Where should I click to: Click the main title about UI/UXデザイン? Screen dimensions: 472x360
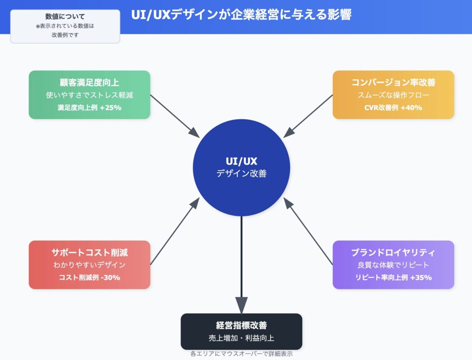coord(241,15)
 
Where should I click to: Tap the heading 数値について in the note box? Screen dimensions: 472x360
coord(65,17)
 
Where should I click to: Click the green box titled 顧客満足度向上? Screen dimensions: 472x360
coord(90,95)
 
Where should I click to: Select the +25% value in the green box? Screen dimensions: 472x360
coord(111,108)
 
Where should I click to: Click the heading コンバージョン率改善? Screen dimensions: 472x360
coord(393,83)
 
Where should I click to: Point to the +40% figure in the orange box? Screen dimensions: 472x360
coord(412,108)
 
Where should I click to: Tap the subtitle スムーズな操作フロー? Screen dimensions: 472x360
coord(393,95)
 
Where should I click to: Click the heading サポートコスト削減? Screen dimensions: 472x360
coord(90,253)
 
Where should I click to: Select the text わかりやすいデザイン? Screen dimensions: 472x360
coord(90,265)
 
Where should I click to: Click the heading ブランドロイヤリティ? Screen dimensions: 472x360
coord(393,253)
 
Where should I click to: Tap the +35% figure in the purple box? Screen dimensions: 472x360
coord(421,277)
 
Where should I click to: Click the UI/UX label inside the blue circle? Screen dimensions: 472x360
coord(242,161)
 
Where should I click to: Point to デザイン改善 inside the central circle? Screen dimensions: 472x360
coord(242,173)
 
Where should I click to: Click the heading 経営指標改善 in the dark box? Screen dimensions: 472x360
coord(242,325)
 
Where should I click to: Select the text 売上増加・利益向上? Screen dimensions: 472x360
coord(242,338)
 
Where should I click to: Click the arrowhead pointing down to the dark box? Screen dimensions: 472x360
coord(242,305)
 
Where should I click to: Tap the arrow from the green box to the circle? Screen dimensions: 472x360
coord(175,116)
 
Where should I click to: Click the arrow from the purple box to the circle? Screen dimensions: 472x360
coord(308,231)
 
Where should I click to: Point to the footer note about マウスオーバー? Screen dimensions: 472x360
coord(242,354)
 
